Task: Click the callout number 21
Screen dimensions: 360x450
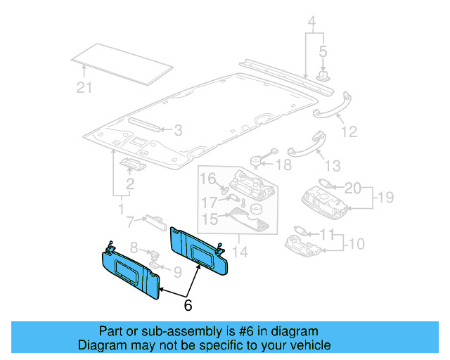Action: [84, 88]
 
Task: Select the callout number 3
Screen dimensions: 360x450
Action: [179, 130]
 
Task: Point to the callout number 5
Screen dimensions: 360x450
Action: [323, 51]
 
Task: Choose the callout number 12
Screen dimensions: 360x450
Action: [349, 131]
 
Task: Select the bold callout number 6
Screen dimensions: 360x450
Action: [188, 305]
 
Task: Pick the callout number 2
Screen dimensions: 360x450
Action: [130, 186]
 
